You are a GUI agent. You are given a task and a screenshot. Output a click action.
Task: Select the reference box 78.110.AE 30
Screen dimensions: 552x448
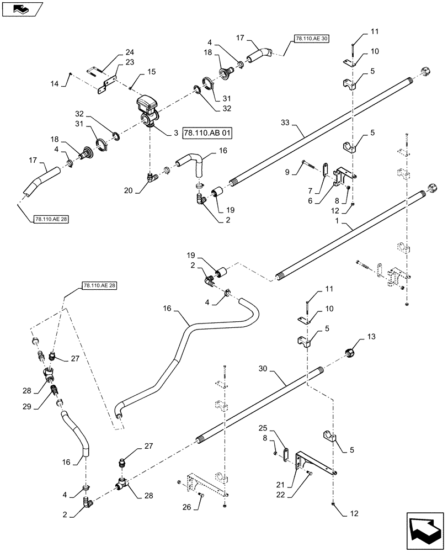pyautogui.click(x=310, y=39)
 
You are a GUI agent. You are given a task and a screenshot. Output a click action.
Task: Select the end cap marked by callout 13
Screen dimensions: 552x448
pyautogui.click(x=351, y=353)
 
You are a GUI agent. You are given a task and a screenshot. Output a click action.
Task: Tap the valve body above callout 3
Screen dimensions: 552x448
pyautogui.click(x=148, y=108)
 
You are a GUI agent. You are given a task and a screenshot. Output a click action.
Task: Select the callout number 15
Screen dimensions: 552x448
pyautogui.click(x=151, y=72)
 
